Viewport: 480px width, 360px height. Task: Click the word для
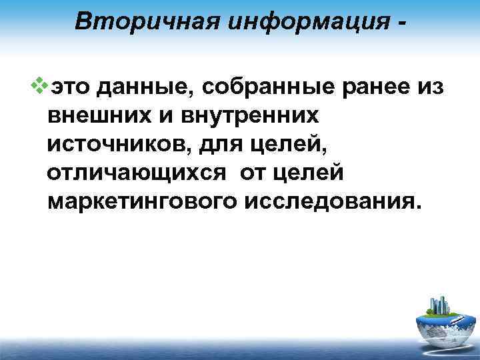point(204,145)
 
